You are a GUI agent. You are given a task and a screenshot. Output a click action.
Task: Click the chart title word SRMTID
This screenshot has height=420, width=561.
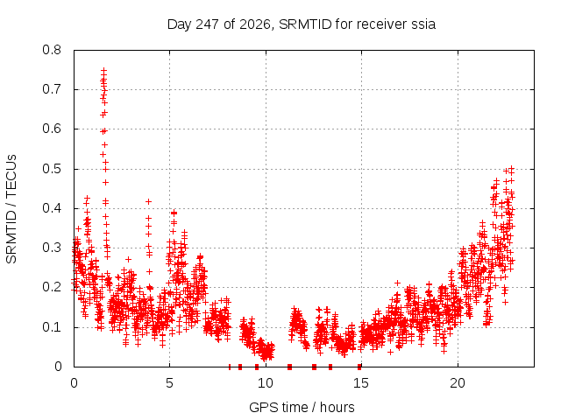(305, 24)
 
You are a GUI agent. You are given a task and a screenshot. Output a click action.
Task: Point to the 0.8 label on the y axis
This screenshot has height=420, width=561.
(52, 50)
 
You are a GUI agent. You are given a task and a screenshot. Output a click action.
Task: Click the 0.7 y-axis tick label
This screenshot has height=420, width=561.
(52, 89)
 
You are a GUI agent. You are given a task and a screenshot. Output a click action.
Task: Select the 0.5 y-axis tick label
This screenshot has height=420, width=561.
(52, 169)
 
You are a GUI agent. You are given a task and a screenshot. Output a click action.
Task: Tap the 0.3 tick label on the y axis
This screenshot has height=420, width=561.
(52, 248)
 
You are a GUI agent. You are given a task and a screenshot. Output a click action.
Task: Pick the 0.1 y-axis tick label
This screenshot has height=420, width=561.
(52, 326)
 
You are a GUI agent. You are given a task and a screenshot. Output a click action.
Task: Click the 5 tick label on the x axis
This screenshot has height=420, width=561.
(169, 383)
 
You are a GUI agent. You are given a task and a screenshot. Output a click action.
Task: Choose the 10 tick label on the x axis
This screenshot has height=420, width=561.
(266, 383)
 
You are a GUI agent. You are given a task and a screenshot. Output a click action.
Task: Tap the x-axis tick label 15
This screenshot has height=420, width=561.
(361, 383)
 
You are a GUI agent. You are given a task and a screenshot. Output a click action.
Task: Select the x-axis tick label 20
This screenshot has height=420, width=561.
(458, 383)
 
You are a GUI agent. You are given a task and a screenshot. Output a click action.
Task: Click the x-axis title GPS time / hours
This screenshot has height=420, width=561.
(302, 407)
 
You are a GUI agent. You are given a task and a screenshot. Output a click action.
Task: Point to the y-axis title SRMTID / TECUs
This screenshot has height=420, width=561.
(11, 209)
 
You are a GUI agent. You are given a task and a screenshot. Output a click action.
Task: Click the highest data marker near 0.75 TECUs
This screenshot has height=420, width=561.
(103, 70)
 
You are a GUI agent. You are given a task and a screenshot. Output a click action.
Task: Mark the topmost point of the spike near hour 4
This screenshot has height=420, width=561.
(148, 202)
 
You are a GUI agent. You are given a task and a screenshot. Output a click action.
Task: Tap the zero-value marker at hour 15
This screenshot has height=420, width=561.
(359, 367)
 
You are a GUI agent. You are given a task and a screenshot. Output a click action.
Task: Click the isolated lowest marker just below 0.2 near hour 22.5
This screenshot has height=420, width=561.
(505, 302)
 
